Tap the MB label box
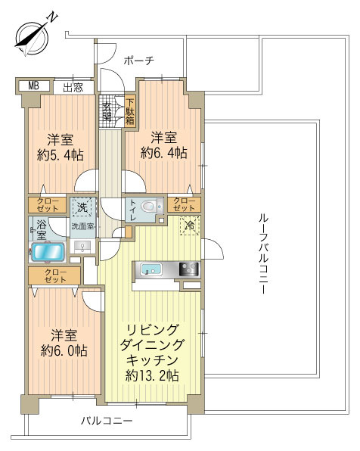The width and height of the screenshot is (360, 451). tap(33, 86)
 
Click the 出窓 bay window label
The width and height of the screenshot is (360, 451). tap(73, 86)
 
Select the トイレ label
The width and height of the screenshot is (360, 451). tap(134, 208)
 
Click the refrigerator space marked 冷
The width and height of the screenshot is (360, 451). tap(188, 225)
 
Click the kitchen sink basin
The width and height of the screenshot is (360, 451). tap(151, 269)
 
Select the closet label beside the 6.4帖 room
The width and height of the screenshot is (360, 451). tap(185, 204)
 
